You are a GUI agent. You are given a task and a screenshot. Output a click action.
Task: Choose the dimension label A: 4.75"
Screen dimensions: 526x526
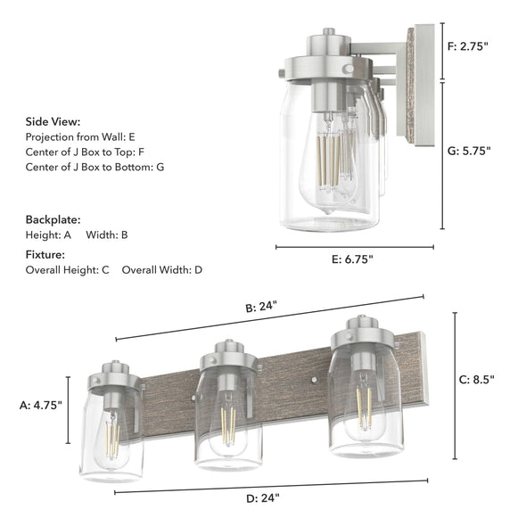(40, 405)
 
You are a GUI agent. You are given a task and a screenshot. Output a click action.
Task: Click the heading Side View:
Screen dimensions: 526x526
(53, 121)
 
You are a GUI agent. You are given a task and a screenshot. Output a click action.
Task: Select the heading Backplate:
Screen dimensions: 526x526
(53, 218)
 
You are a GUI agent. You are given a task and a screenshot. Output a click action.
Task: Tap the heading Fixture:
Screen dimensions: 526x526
(46, 254)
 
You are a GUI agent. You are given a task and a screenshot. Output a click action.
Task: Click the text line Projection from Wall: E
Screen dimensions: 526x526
(80, 136)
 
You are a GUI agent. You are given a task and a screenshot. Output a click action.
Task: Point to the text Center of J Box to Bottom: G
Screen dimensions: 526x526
(95, 167)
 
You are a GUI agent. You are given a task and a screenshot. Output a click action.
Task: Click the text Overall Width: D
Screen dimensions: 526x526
(162, 269)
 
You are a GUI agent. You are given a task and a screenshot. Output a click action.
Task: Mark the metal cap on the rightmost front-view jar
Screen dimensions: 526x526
(362, 336)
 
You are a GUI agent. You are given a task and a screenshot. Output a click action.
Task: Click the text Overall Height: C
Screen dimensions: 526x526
(67, 269)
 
